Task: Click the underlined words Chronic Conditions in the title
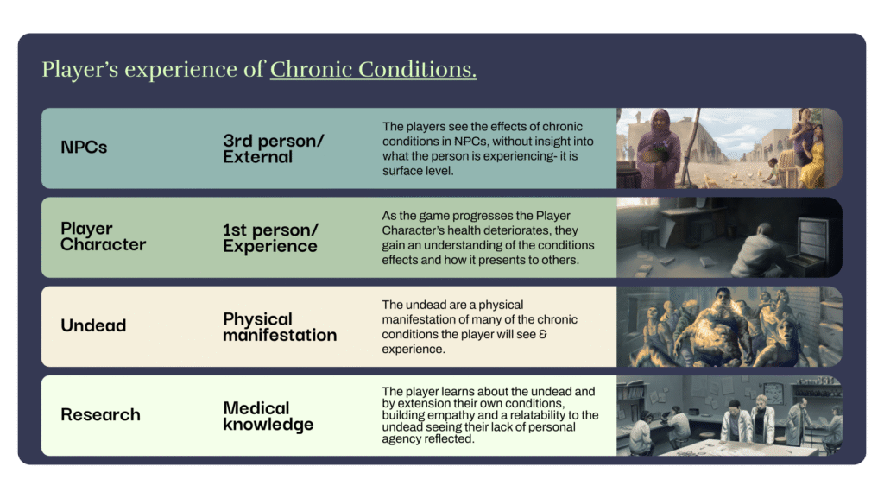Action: tap(373, 69)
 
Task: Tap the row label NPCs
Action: tap(84, 147)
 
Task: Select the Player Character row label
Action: tap(104, 236)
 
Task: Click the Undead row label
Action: tap(93, 325)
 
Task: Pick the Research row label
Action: tap(100, 414)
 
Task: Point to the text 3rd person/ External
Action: tap(274, 148)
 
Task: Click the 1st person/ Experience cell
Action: tap(270, 237)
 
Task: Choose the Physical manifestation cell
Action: tap(280, 327)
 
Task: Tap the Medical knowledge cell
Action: tap(268, 416)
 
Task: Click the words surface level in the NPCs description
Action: tap(418, 171)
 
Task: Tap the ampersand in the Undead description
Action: tap(543, 334)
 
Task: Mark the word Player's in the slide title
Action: tap(80, 69)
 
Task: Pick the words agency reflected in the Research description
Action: tap(428, 438)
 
